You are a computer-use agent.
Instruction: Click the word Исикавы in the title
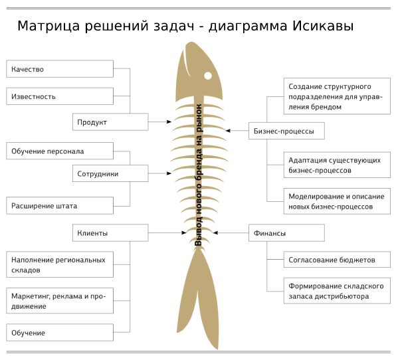(x=323, y=26)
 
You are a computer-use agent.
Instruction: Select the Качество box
(x=60, y=69)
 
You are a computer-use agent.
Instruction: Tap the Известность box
(x=60, y=96)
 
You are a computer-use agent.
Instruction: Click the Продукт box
(x=110, y=122)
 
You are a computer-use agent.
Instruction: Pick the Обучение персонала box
(x=60, y=151)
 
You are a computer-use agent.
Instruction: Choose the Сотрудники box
(x=110, y=173)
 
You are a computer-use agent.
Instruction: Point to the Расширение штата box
(x=60, y=205)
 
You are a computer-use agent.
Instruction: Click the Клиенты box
(x=110, y=232)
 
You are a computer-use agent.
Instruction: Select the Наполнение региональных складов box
(x=60, y=264)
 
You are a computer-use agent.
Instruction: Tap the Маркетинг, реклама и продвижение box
(x=60, y=301)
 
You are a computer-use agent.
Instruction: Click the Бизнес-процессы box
(x=286, y=131)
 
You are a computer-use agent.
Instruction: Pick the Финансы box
(x=286, y=232)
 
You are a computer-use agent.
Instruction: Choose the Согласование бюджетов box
(x=337, y=260)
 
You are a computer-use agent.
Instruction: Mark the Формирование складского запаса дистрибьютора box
(x=337, y=291)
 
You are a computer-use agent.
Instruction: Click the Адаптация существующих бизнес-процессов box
(x=337, y=165)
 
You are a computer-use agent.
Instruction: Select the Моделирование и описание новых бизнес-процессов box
(x=337, y=201)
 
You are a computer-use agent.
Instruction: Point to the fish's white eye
(x=208, y=76)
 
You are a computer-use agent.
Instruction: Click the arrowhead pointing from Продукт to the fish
(x=169, y=122)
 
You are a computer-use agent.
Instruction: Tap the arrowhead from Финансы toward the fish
(x=215, y=232)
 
